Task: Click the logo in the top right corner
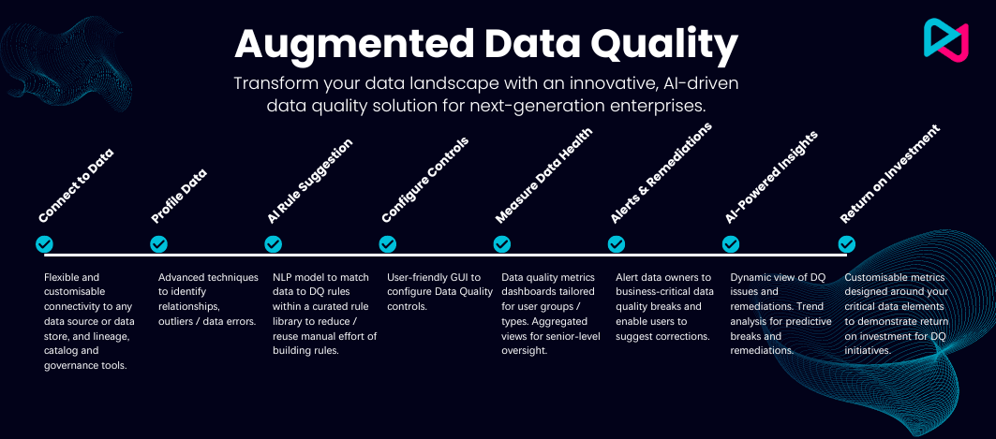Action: (x=945, y=40)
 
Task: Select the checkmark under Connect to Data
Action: (x=44, y=244)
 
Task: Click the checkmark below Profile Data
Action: (x=158, y=244)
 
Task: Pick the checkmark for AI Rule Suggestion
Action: (x=274, y=244)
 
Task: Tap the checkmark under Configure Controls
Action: (x=388, y=244)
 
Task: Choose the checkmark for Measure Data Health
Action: (x=502, y=244)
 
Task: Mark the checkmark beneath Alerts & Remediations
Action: (x=617, y=244)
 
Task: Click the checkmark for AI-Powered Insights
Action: (x=731, y=244)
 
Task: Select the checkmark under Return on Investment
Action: (x=847, y=244)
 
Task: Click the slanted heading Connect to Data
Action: (x=76, y=186)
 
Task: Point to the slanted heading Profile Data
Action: (x=179, y=197)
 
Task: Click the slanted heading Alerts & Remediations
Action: (x=662, y=173)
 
